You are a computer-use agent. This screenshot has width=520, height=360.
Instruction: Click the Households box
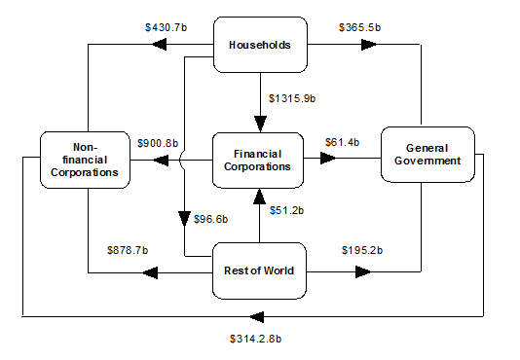[259, 44]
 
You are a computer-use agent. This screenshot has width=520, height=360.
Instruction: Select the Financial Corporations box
[259, 159]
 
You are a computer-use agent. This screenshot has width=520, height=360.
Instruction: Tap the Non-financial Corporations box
[87, 159]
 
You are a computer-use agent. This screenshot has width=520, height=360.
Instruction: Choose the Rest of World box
[259, 270]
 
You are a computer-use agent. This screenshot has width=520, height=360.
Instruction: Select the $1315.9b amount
[294, 97]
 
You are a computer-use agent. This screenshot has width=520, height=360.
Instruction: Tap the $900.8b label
[157, 143]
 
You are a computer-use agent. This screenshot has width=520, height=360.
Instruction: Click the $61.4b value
[342, 143]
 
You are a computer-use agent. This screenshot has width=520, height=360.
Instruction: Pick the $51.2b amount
[287, 210]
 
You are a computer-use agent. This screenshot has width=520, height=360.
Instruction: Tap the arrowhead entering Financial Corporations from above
[259, 124]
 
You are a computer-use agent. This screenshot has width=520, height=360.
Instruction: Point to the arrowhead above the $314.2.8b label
[255, 316]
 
